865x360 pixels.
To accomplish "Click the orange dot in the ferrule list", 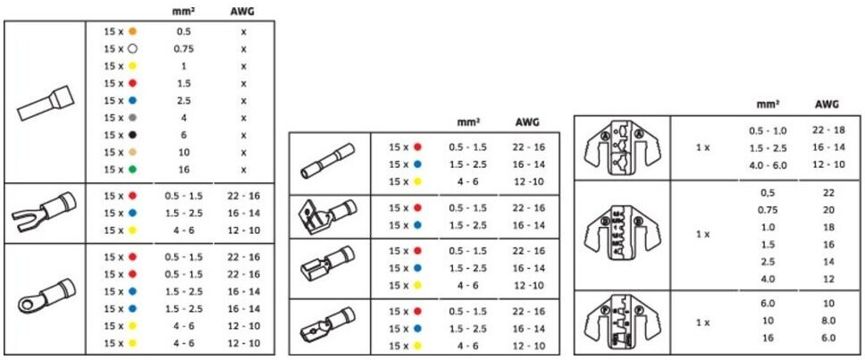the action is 131,31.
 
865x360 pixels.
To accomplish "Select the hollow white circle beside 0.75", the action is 131,48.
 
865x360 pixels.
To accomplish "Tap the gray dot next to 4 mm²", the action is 131,117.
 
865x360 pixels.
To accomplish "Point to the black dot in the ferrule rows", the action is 131,135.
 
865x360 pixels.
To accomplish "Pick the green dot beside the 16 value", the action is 131,169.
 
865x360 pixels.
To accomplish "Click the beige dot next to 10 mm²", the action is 131,152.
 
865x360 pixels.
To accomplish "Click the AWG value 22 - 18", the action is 827,130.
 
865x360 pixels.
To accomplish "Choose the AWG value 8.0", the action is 827,320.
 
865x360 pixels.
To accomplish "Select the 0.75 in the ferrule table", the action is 184,48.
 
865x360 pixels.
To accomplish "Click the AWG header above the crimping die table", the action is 827,104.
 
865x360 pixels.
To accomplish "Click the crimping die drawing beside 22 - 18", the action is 619,147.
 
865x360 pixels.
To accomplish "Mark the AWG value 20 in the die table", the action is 827,210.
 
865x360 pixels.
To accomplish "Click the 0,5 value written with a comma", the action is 768,192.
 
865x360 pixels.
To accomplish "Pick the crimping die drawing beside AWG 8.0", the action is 619,321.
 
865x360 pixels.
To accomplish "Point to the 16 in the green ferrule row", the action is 184,169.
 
